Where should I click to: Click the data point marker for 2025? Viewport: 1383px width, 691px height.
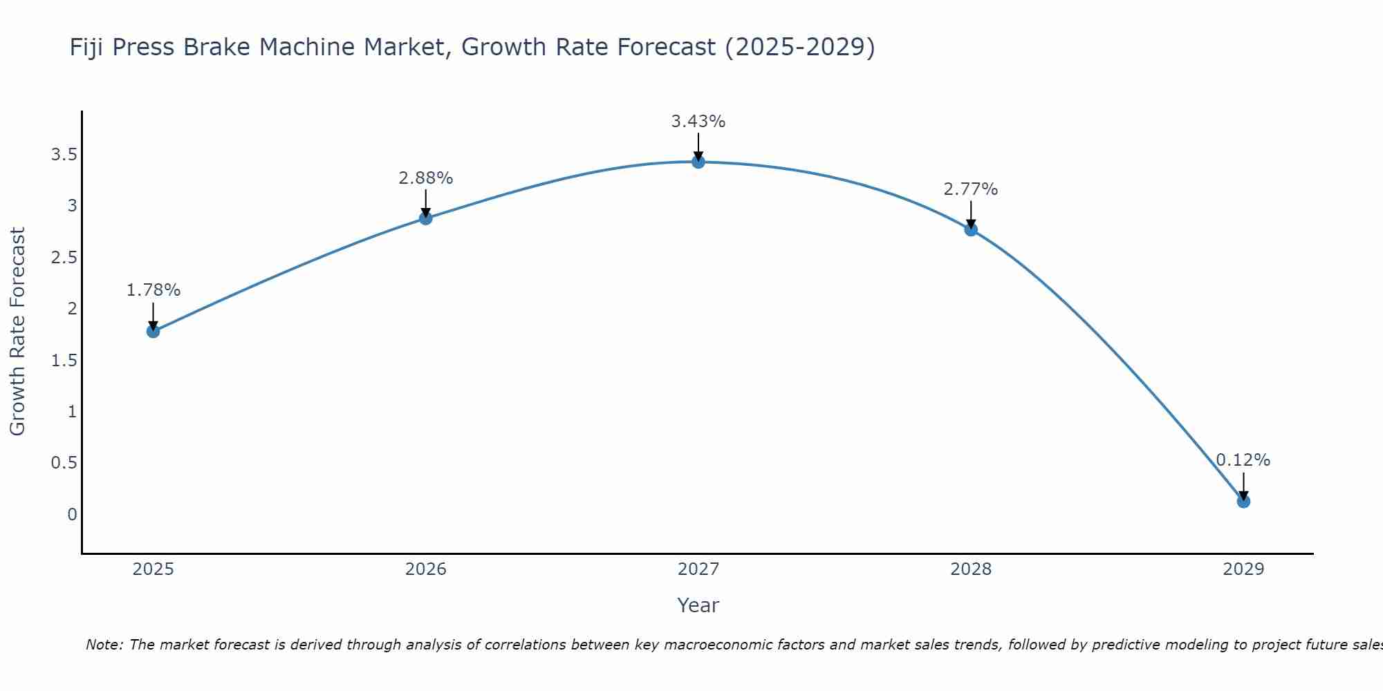click(x=154, y=331)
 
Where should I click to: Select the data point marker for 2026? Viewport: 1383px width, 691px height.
click(x=426, y=218)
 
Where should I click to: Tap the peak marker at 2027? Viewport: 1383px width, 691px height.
click(x=698, y=162)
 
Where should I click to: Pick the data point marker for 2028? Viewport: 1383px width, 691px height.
click(x=971, y=229)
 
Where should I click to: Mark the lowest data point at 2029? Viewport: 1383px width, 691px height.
click(x=1243, y=501)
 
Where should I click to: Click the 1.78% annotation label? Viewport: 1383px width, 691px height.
click(x=154, y=290)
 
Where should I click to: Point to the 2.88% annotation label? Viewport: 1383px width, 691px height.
click(x=426, y=178)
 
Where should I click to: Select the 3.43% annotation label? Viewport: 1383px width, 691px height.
click(x=698, y=122)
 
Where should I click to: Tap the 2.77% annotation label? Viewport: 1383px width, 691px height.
click(x=971, y=189)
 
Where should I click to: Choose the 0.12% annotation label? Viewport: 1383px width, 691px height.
click(x=1243, y=460)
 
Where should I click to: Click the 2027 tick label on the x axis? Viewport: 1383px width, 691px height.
click(x=698, y=569)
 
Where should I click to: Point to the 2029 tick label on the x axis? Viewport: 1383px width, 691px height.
click(x=1243, y=569)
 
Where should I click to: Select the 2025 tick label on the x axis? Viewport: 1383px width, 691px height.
click(x=154, y=569)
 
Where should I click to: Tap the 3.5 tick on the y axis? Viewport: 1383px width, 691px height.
click(x=64, y=155)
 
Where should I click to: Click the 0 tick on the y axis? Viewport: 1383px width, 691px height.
click(x=72, y=515)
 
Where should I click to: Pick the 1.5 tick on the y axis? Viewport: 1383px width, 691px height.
click(x=64, y=361)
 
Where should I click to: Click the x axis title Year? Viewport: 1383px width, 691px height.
click(x=698, y=605)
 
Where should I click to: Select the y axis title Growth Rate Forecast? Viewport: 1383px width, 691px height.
click(x=17, y=332)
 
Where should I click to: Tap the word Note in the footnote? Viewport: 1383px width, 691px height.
click(x=104, y=645)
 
